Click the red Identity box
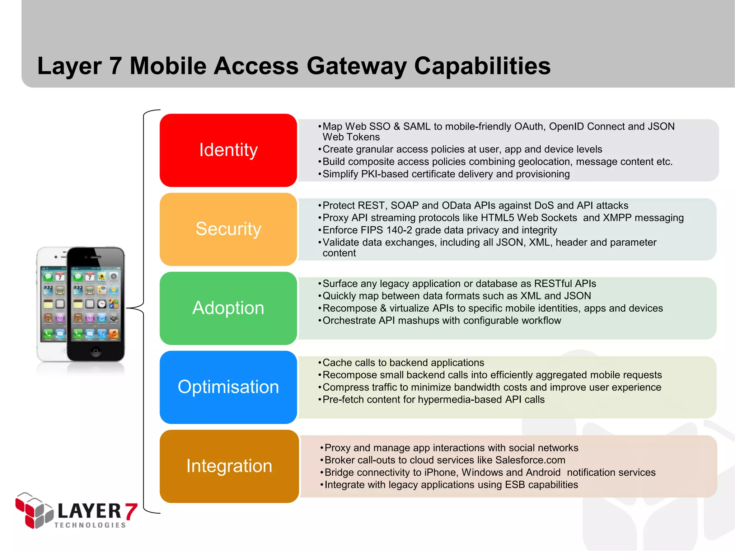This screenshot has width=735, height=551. click(x=228, y=150)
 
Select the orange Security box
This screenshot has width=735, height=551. click(x=228, y=229)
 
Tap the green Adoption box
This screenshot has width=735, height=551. click(x=228, y=308)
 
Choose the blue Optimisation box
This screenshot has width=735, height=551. click(x=228, y=387)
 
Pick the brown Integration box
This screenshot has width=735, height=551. click(x=229, y=466)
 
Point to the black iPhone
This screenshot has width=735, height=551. click(x=95, y=303)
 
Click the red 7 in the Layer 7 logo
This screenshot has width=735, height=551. click(x=131, y=511)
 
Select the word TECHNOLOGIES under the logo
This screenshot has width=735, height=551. click(x=90, y=525)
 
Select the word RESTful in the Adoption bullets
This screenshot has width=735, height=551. click(x=553, y=284)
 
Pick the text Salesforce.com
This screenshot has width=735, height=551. click(x=530, y=460)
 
